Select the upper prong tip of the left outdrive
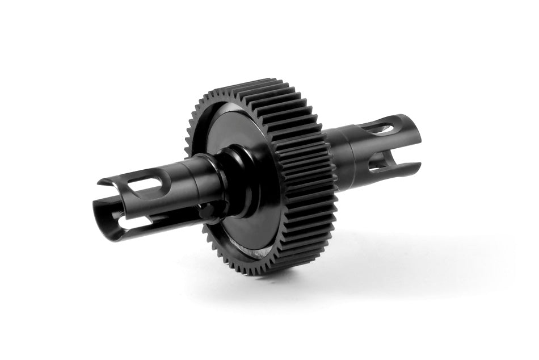102,183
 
